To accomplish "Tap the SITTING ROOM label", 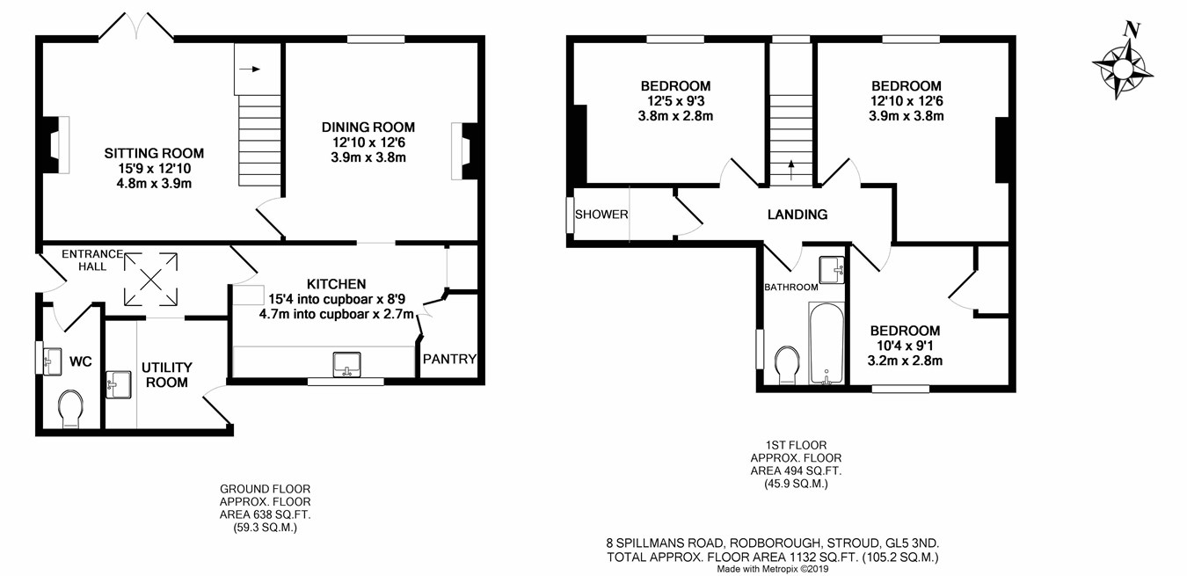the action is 154,154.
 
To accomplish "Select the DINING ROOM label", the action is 368,128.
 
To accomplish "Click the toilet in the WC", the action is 70,409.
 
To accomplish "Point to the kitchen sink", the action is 347,365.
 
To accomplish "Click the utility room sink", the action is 118,384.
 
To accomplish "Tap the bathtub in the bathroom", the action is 827,343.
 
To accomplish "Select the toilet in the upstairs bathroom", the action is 787,366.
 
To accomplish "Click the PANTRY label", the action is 449,360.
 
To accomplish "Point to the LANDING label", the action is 797,215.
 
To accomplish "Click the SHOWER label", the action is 601,215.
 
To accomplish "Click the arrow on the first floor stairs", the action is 791,170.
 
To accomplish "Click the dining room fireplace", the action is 465,151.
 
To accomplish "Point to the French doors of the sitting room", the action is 136,26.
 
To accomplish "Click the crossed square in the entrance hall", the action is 150,280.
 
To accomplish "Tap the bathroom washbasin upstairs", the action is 832,270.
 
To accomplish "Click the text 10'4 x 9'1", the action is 905,346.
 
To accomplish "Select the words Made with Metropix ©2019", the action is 773,569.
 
